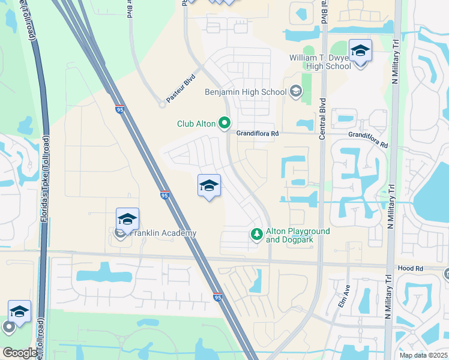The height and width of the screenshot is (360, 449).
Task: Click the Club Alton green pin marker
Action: pyautogui.click(x=225, y=123)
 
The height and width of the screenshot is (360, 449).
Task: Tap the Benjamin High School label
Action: pyautogui.click(x=246, y=92)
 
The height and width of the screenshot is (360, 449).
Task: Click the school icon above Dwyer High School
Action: pyautogui.click(x=360, y=52)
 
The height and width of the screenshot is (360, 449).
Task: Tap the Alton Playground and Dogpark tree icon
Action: pyautogui.click(x=256, y=233)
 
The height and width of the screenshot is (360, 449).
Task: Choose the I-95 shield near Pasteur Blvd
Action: pyautogui.click(x=119, y=109)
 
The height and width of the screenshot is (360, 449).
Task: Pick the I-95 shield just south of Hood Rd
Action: pyautogui.click(x=217, y=297)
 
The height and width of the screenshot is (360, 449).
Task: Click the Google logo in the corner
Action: pyautogui.click(x=19, y=353)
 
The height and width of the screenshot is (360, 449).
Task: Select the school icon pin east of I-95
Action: pyautogui.click(x=209, y=185)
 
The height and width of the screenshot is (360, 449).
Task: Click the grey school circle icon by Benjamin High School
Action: pyautogui.click(x=295, y=92)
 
